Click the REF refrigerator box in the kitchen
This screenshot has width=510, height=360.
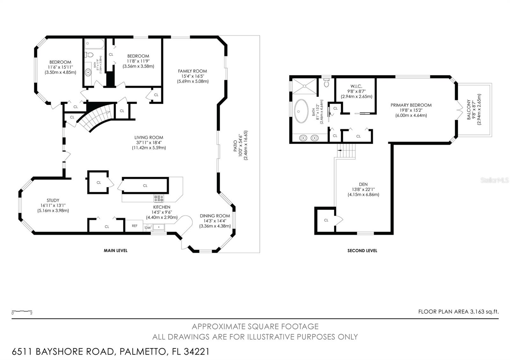coord(134,226)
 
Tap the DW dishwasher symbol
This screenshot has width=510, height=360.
coord(148,227)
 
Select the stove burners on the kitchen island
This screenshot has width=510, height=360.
coord(158,198)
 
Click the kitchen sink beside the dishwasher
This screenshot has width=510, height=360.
coord(158,227)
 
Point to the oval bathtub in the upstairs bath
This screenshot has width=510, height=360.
coord(301,111)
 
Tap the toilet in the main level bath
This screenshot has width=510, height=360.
coord(89,55)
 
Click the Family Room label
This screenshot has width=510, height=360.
coord(193,71)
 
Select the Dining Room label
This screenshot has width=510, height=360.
coord(215,216)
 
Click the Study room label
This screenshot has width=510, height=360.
coord(53,200)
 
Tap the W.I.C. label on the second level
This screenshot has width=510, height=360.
coord(356,86)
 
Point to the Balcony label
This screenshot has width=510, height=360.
coord(469,110)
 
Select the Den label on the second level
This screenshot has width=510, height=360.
coord(363,184)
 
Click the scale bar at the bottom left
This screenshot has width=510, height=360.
coord(22,311)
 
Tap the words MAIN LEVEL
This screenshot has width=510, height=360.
coord(115,250)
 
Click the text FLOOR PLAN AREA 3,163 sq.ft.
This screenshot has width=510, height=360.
coord(458,312)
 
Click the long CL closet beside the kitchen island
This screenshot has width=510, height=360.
coord(145,185)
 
